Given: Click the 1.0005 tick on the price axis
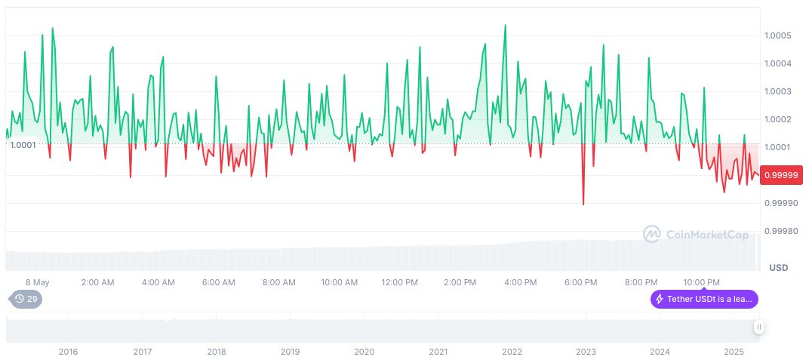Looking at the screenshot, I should click(777, 35).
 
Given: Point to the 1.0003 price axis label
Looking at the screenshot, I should click(777, 91).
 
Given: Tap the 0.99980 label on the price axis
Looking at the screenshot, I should click(780, 231).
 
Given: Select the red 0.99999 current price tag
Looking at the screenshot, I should click(782, 175).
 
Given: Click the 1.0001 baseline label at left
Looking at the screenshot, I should click(23, 145).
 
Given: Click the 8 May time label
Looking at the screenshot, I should click(37, 282).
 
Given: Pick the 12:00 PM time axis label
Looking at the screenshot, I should click(400, 282).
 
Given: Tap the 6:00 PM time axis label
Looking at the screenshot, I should click(581, 282).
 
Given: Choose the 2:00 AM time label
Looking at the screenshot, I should click(97, 282).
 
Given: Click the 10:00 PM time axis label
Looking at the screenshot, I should click(702, 282).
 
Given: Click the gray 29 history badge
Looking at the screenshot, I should click(26, 299).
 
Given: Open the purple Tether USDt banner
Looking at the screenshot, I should click(704, 299).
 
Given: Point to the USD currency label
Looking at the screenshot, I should click(778, 268).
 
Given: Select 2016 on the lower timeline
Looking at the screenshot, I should click(68, 352).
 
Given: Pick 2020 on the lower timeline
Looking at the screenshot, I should click(364, 352).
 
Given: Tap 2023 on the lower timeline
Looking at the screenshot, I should click(586, 352).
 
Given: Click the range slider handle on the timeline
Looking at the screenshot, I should click(758, 327).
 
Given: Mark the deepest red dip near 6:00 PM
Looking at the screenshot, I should click(583, 204).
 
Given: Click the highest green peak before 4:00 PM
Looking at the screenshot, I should click(505, 25).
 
